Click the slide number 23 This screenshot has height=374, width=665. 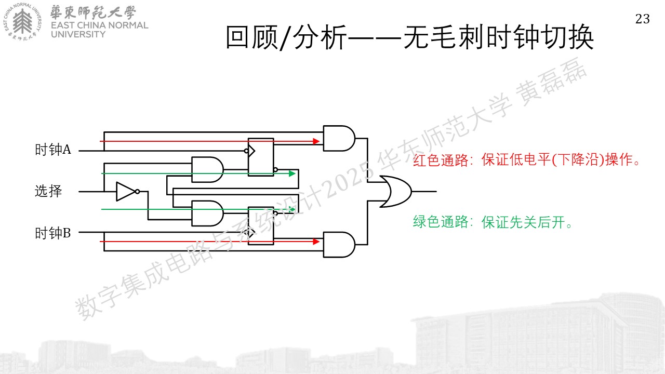click(643, 19)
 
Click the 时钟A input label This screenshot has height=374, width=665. click(53, 149)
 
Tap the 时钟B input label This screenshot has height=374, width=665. click(53, 233)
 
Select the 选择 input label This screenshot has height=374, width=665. click(48, 191)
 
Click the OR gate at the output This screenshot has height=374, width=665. click(395, 192)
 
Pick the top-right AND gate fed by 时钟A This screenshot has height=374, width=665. click(339, 138)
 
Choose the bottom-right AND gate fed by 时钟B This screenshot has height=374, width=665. click(339, 245)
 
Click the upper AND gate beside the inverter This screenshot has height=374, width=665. click(207, 169)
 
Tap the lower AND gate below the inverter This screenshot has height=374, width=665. click(207, 213)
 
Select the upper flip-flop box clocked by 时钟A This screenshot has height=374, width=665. click(261, 157)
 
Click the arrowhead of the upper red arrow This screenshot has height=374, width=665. click(316, 141)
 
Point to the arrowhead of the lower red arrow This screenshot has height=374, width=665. click(316, 242)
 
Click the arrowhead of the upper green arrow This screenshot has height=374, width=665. click(292, 173)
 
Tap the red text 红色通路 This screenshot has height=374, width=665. click(441, 161)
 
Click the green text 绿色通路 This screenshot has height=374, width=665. click(441, 222)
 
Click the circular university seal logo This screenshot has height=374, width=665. click(22, 22)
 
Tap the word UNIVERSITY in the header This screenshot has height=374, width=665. click(78, 34)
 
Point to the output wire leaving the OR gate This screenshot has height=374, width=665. click(424, 192)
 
